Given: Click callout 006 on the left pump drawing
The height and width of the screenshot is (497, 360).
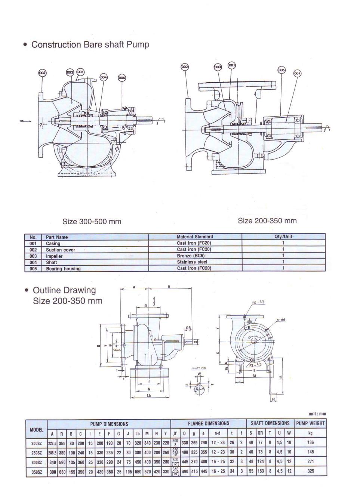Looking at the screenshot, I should point(122,77).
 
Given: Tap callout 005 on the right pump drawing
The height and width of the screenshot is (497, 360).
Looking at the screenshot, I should point(281,70).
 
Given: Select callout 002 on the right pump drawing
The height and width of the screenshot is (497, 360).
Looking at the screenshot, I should point(185,67).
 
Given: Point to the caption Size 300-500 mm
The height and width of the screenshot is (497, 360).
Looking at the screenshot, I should point(92,222).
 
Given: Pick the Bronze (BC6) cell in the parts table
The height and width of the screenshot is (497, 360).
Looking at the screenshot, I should point(191,256).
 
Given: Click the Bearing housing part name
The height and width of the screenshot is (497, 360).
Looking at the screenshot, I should point(63,269).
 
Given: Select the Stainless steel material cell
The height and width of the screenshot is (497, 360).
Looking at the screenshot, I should point(192,262).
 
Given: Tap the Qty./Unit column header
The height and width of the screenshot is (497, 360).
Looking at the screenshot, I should point(283,237).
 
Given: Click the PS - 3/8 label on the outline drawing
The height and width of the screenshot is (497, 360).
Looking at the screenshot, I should point(258,302).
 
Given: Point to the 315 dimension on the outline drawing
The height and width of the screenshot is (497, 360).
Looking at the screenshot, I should point(281,378).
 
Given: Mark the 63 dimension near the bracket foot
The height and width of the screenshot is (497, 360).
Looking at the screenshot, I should point(274,399).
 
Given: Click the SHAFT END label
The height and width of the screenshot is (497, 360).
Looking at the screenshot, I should point(199,368).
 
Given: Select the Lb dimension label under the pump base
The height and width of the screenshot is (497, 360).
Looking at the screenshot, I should point(149,395).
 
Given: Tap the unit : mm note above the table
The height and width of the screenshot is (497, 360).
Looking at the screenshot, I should point(317,414).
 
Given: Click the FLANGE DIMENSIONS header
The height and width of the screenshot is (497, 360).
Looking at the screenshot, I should point(208,424).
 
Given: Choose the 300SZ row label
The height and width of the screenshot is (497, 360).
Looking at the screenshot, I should point(36,462).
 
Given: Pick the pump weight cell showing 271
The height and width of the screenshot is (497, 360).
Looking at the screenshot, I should point(310,462).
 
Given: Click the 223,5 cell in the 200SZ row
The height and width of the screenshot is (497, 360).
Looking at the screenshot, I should point(52,443).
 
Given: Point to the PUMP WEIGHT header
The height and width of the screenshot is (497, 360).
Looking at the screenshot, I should point(310,424).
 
